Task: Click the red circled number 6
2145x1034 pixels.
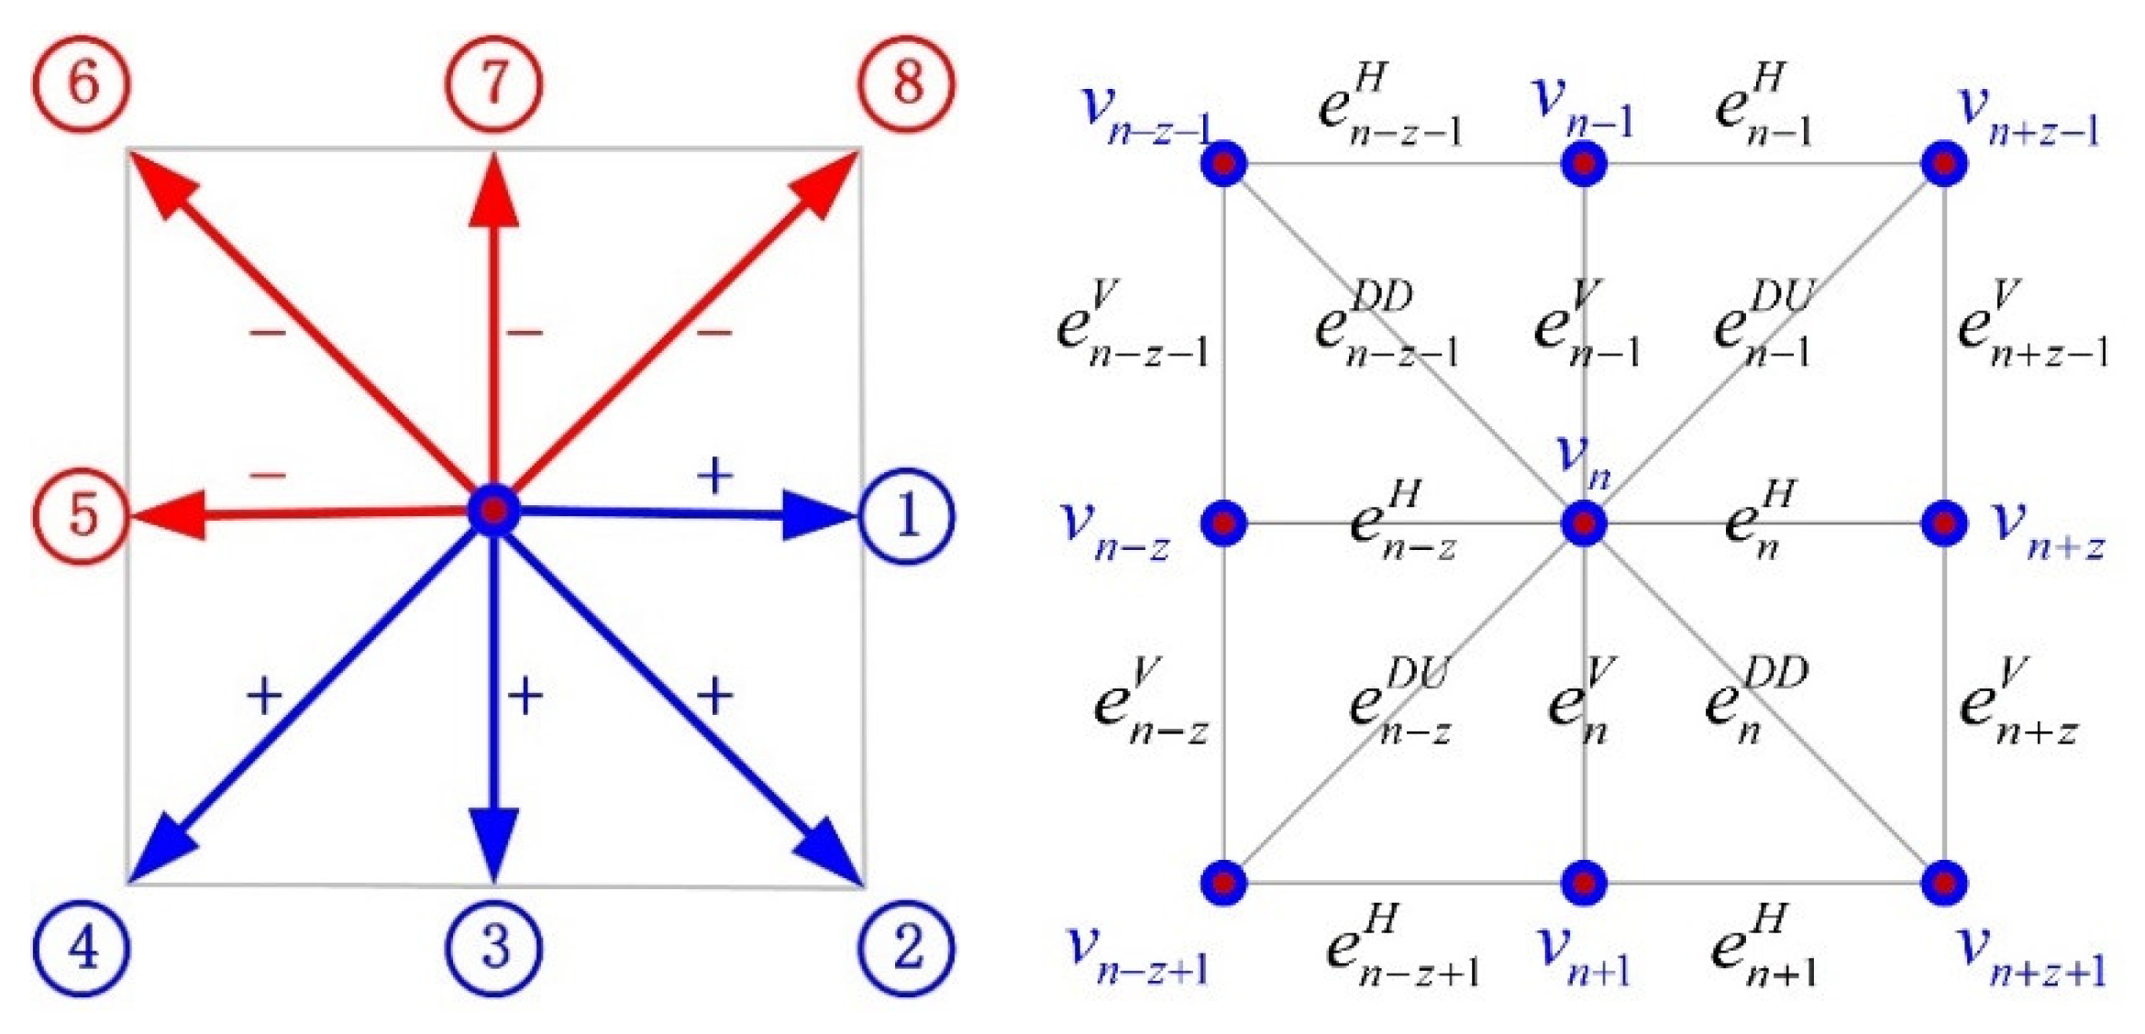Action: [x=82, y=83]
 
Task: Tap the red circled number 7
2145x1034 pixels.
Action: [x=494, y=83]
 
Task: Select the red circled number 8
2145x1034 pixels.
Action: [x=907, y=83]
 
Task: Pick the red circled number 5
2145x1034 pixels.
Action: [x=82, y=516]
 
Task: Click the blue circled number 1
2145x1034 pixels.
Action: [x=907, y=516]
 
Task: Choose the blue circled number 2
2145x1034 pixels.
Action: [x=907, y=947]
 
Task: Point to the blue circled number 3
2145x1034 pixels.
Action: [x=494, y=947]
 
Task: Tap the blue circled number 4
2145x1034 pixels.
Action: [x=82, y=947]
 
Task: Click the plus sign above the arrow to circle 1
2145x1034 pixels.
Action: [x=715, y=476]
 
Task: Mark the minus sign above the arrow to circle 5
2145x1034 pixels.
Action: [x=268, y=476]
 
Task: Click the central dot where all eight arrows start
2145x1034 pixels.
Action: [x=494, y=511]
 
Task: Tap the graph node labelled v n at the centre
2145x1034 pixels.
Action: [x=1584, y=523]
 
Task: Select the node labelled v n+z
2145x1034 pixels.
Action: [x=1944, y=523]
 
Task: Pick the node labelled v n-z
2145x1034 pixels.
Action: [x=1224, y=523]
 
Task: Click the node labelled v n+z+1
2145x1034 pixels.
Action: [x=1944, y=883]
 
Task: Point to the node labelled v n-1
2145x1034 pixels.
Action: [x=1584, y=164]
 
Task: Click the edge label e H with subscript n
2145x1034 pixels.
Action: [x=1759, y=521]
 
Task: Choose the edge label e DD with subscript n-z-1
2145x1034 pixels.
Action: [x=1385, y=325]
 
